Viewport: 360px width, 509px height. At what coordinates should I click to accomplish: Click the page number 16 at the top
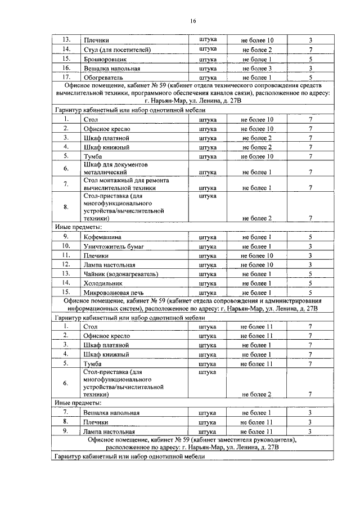tap(192, 21)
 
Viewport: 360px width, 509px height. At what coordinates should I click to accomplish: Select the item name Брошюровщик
tap(105, 59)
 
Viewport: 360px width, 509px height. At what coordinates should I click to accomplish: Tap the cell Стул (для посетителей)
tap(117, 50)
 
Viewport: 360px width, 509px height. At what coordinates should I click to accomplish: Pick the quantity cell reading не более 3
tap(256, 69)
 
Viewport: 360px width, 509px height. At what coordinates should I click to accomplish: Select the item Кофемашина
tap(102, 237)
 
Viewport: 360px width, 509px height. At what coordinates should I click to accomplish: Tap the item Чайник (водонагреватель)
tap(120, 274)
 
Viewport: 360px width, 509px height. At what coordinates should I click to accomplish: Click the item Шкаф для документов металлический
tap(115, 168)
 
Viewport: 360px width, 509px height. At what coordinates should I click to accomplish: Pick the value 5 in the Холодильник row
tap(310, 283)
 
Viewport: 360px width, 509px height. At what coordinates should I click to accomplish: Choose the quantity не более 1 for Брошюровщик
tap(256, 59)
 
